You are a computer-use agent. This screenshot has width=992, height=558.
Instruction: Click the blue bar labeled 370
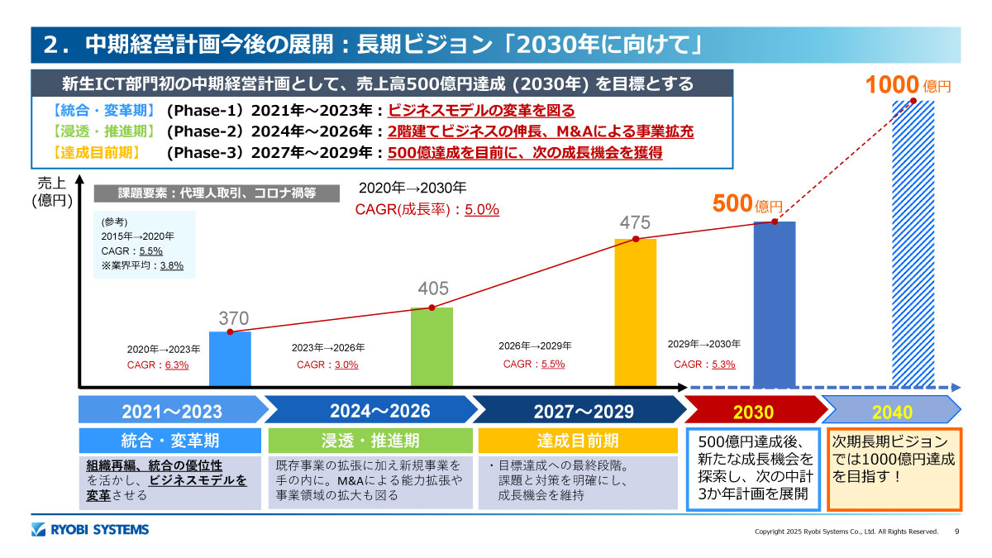(230, 359)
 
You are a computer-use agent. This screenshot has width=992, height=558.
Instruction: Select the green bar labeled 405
(432, 346)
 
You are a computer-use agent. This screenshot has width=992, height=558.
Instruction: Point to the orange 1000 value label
(893, 84)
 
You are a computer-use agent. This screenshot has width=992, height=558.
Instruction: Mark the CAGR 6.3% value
(177, 365)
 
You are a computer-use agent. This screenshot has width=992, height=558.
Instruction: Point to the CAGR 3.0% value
(346, 365)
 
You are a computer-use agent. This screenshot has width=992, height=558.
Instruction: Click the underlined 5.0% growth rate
(481, 210)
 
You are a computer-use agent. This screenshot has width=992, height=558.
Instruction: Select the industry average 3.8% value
(171, 265)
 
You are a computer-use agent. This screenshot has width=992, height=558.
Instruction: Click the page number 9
(956, 531)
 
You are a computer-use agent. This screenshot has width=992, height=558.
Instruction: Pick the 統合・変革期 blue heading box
(170, 440)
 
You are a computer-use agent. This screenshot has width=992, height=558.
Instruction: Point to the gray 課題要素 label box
(217, 193)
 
